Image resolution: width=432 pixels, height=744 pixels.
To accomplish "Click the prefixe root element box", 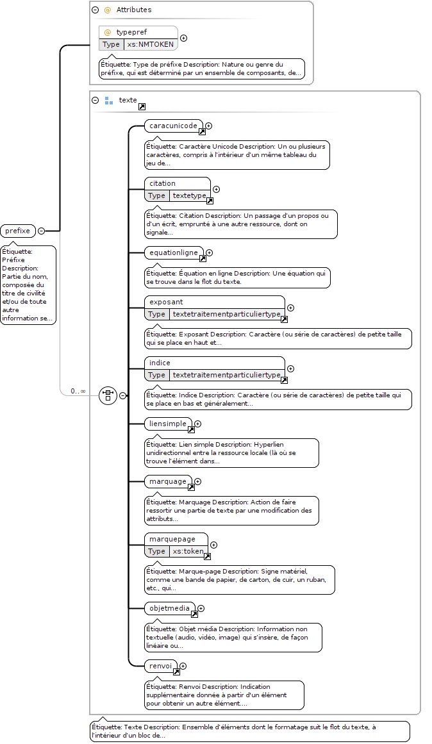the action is pyautogui.click(x=18, y=231).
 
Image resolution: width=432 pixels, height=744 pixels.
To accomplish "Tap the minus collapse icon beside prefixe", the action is pyautogui.click(x=41, y=231).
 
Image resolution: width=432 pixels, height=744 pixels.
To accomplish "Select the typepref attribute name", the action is pyautogui.click(x=131, y=32).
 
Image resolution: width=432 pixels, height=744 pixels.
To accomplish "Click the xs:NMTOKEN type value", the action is pyautogui.click(x=151, y=44).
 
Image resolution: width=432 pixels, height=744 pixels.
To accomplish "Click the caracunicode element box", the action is pyautogui.click(x=173, y=126).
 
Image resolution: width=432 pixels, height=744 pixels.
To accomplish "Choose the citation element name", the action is pyautogui.click(x=162, y=183).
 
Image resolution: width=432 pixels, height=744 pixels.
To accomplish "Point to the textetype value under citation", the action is pyautogui.click(x=190, y=195).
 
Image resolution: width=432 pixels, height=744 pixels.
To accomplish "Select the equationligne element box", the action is pyautogui.click(x=174, y=253).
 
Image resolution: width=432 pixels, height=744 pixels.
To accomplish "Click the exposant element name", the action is pyautogui.click(x=166, y=302).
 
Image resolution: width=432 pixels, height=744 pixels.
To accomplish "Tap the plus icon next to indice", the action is pyautogui.click(x=290, y=368).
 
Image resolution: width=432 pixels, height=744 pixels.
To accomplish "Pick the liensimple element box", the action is pyautogui.click(x=168, y=424).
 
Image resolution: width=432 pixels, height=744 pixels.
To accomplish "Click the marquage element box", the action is pyautogui.click(x=168, y=482).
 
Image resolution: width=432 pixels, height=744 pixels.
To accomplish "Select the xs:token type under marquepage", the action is pyautogui.click(x=188, y=551).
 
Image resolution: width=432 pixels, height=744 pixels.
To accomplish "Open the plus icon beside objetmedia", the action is pyautogui.click(x=201, y=608).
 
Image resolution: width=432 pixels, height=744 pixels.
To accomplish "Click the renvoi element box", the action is pyautogui.click(x=160, y=666).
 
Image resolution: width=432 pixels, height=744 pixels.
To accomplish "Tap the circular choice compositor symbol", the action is pyautogui.click(x=108, y=395).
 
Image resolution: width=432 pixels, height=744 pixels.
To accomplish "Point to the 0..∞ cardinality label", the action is pyautogui.click(x=78, y=391).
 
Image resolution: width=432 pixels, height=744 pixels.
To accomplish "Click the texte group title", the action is pyautogui.click(x=128, y=100).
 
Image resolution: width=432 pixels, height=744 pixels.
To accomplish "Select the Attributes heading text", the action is pyautogui.click(x=134, y=10).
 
